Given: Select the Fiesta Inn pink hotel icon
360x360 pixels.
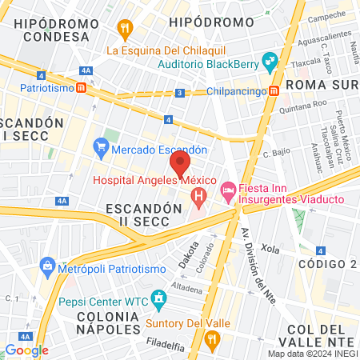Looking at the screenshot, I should pyautogui.click(x=226, y=190).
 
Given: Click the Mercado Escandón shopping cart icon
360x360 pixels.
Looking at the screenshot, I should pyautogui.click(x=101, y=147).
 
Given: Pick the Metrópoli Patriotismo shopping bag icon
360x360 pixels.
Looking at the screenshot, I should pyautogui.click(x=47, y=266).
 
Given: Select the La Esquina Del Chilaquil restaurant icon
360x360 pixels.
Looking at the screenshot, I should pyautogui.click(x=124, y=30).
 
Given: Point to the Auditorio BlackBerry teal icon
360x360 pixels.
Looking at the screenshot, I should pyautogui.click(x=269, y=58).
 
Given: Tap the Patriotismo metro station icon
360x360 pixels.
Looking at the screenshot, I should pyautogui.click(x=82, y=88).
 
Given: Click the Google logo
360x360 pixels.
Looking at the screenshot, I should pyautogui.click(x=26, y=350).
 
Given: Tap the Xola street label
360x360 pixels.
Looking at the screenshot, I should pyautogui.click(x=270, y=249).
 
